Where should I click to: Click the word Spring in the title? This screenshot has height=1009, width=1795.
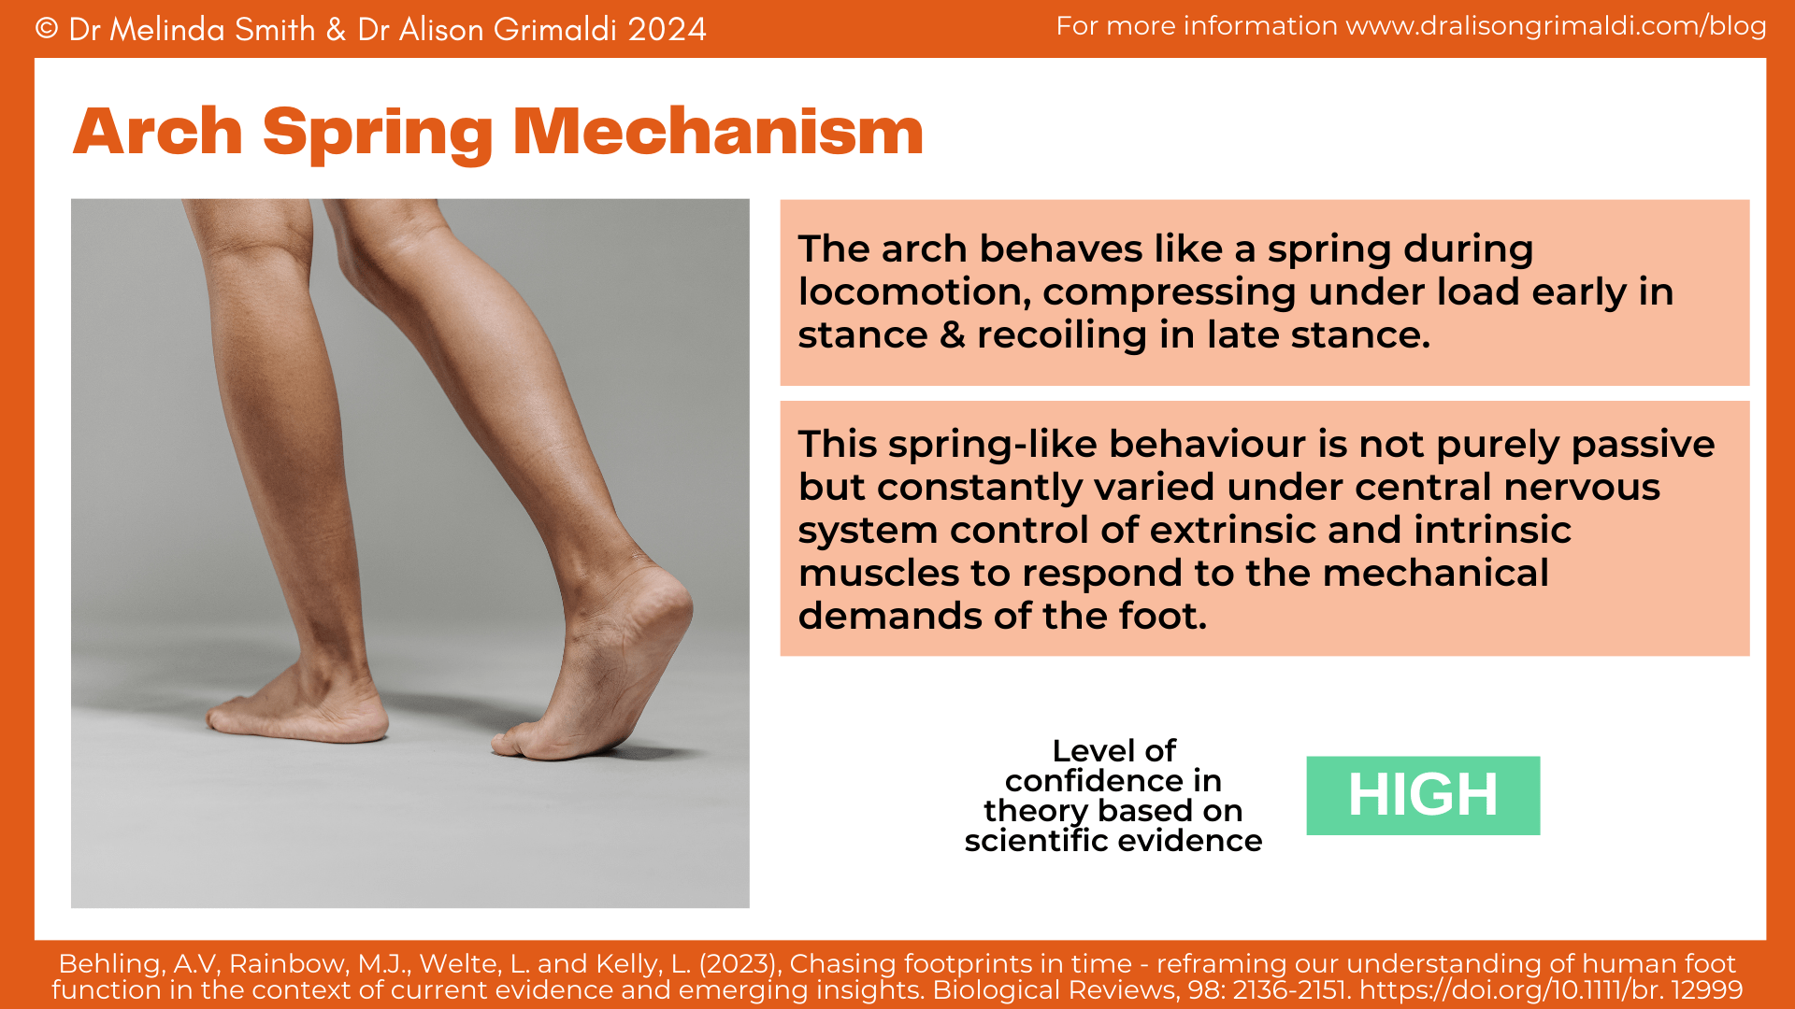[x=377, y=133]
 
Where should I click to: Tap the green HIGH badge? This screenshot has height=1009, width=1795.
[x=1422, y=795]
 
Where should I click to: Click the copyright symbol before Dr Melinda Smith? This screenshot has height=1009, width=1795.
[x=47, y=29]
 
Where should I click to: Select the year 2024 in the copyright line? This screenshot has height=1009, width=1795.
[x=667, y=30]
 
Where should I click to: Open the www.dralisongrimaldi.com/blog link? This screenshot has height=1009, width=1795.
[x=1556, y=26]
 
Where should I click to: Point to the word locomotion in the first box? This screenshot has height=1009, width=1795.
[x=913, y=292]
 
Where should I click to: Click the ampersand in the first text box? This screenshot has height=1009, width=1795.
[x=952, y=334]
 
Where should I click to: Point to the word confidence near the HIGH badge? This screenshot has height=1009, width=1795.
[x=1113, y=781]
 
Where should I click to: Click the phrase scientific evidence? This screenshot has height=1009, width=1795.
[x=1113, y=841]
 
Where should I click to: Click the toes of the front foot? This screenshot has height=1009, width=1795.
[x=234, y=719]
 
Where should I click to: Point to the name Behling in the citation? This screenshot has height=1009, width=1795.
[x=112, y=964]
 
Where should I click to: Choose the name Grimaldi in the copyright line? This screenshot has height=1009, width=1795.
[x=554, y=30]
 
